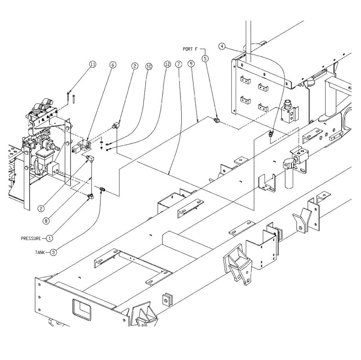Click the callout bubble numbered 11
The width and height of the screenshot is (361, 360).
coord(93,64)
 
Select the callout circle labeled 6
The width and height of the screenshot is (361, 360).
coord(113,65)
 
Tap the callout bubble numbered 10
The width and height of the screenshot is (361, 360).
coord(148,67)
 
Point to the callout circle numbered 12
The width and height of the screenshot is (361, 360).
coord(166,64)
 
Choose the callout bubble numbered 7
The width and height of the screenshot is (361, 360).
coord(178,64)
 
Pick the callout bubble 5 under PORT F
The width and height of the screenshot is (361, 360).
coord(205,58)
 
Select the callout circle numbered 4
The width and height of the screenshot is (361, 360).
coord(222,46)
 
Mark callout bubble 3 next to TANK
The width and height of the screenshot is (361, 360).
coord(53,253)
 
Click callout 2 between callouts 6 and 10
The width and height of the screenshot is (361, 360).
coord(134,66)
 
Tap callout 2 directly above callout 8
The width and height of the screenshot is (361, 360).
coord(42,208)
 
